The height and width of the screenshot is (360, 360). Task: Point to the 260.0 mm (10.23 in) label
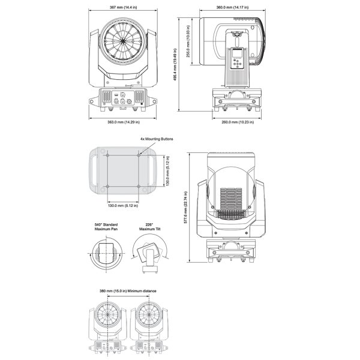pyautogui.click(x=234, y=122)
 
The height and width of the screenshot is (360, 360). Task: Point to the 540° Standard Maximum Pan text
pyautogui.click(x=106, y=226)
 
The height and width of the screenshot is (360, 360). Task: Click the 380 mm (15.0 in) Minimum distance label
pyautogui.click(x=128, y=291)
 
